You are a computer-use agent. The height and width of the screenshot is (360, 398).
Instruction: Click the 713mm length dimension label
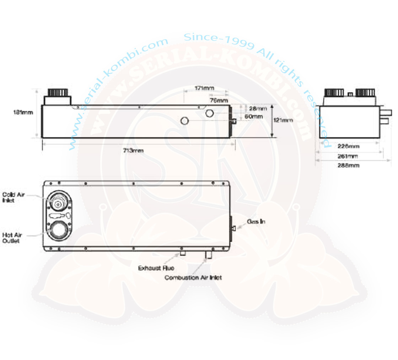pyautogui.click(x=133, y=151)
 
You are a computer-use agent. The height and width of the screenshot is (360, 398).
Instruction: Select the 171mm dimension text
pyautogui.click(x=205, y=88)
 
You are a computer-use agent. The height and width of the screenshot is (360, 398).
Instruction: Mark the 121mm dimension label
pyautogui.click(x=283, y=120)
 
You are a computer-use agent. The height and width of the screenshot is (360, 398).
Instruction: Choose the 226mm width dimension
pyautogui.click(x=349, y=146)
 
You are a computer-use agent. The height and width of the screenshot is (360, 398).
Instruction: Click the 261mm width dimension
pyautogui.click(x=349, y=156)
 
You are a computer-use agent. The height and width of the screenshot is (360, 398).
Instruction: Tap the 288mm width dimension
pyautogui.click(x=349, y=165)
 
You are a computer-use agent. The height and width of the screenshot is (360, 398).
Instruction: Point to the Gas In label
pyautogui.click(x=256, y=222)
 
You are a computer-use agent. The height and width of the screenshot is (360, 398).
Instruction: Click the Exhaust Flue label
pyautogui.click(x=156, y=268)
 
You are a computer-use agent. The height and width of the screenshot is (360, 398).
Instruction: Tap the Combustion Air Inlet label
pyautogui.click(x=193, y=277)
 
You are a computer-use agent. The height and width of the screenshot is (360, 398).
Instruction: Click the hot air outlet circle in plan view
pyautogui.click(x=57, y=230)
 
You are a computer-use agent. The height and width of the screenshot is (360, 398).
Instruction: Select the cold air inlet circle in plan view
pyautogui.click(x=57, y=202)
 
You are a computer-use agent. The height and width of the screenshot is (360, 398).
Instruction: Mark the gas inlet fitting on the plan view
pyautogui.click(x=233, y=228)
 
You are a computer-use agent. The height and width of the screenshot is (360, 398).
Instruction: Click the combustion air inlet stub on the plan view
pyautogui.click(x=208, y=255)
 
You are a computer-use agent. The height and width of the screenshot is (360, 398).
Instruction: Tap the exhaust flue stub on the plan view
pyautogui.click(x=183, y=253)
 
